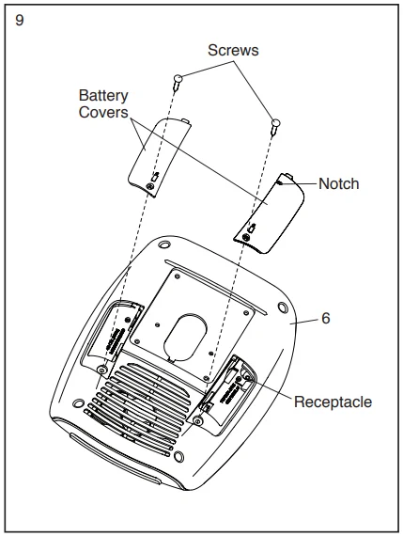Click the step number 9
coord(20,21)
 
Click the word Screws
coord(233,50)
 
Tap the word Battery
coord(103,95)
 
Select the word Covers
coord(103,112)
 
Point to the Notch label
coord(339,183)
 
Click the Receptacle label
coord(333,402)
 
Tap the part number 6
coord(326,318)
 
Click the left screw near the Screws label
coord(178,82)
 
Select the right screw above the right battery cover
coord(275,127)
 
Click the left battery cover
coord(160,157)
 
